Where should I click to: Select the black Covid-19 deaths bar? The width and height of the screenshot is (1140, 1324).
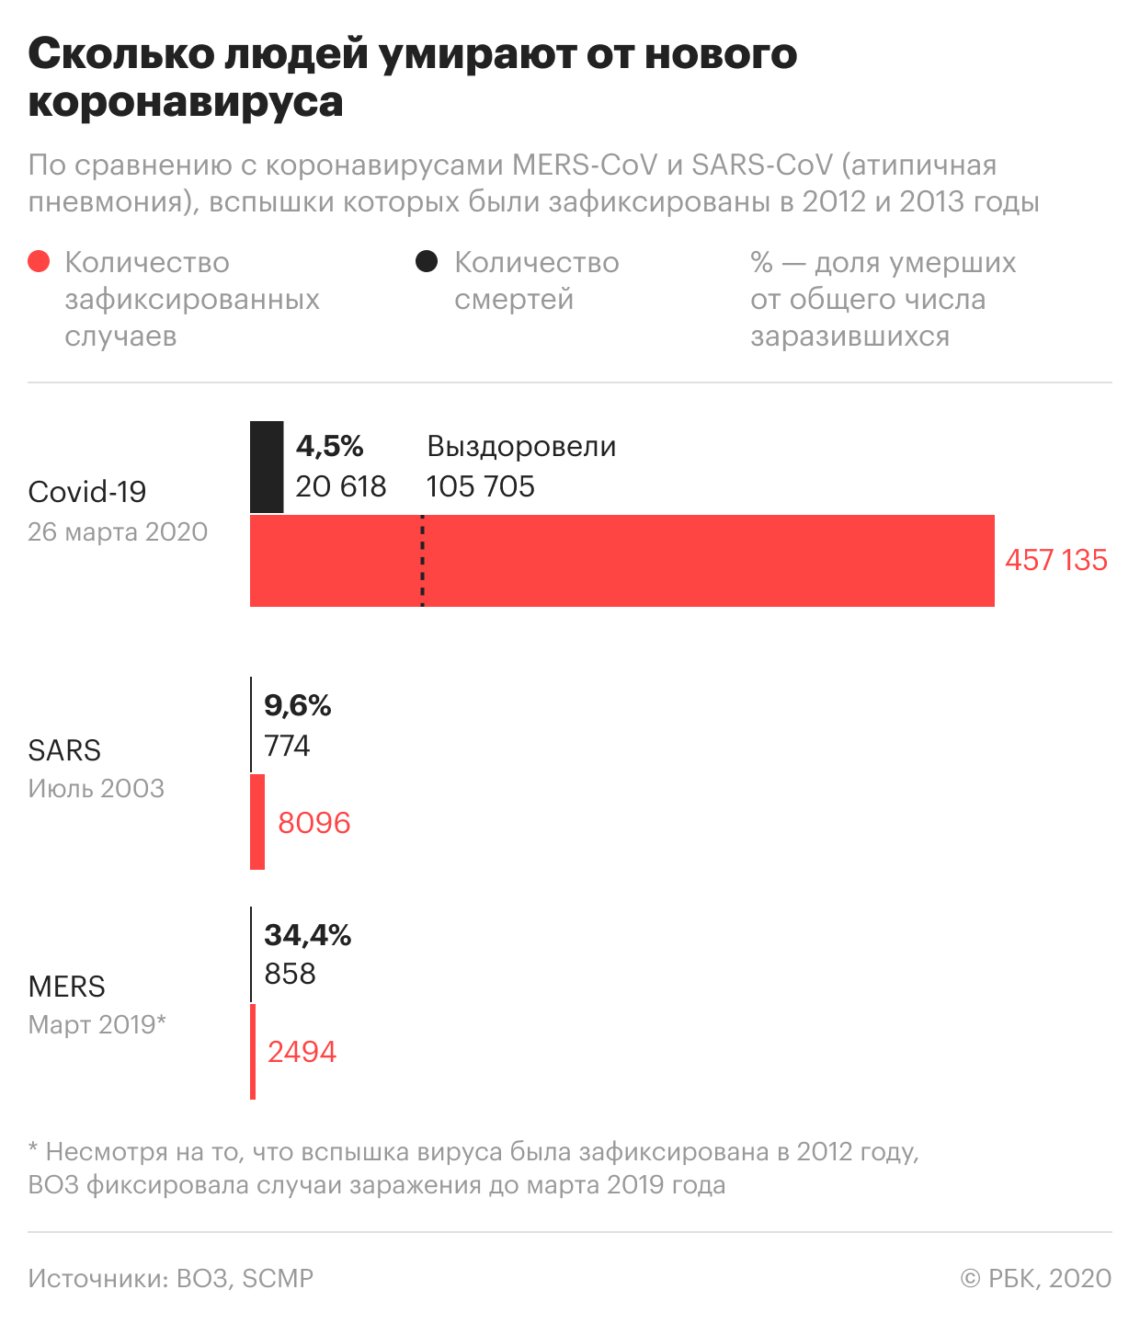[267, 467]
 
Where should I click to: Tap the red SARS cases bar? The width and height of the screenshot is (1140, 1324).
[257, 822]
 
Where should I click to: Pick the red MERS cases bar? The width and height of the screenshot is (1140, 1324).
[253, 1052]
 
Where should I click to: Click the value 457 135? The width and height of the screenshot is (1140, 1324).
[1055, 560]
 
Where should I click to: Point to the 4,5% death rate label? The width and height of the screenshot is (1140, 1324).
[330, 447]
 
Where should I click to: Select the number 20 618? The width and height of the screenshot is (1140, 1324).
[341, 486]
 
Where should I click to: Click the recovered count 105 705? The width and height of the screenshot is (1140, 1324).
[481, 486]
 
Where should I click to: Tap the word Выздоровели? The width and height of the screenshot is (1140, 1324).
[521, 447]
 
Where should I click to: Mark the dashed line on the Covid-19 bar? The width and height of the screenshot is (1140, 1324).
[422, 561]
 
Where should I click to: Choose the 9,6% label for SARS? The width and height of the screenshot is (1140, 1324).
[298, 705]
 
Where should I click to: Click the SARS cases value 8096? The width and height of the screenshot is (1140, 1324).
[314, 822]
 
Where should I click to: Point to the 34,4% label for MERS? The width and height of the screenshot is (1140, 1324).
[308, 935]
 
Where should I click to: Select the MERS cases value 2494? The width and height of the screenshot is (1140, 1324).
[302, 1052]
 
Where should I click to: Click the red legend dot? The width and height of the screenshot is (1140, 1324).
[39, 262]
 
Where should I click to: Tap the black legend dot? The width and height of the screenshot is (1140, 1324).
[427, 262]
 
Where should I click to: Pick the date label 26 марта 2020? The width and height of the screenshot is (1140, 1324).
[118, 531]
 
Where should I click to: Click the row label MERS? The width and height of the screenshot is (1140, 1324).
[67, 987]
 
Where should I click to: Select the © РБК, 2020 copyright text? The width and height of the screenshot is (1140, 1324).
[1036, 1278]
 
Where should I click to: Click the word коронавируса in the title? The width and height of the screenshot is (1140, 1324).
[186, 101]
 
